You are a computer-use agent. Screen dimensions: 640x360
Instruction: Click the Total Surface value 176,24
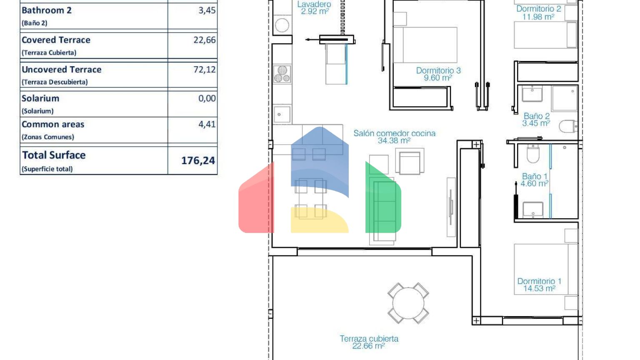pyautogui.click(x=198, y=160)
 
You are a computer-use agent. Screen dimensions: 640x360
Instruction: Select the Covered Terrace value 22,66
pyautogui.click(x=205, y=40)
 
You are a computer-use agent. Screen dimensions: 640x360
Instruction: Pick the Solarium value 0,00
pyautogui.click(x=207, y=98)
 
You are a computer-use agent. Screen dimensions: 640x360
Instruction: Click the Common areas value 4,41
pyautogui.click(x=207, y=124)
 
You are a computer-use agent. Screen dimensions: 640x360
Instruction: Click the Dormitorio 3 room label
pyautogui.click(x=438, y=74)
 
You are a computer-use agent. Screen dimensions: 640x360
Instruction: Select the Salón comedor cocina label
pyautogui.click(x=395, y=137)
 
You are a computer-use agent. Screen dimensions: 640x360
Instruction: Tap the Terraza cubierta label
pyautogui.click(x=369, y=342)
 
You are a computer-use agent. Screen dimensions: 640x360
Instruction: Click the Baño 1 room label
pyautogui.click(x=534, y=180)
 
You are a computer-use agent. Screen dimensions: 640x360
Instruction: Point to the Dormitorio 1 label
pyautogui.click(x=540, y=285)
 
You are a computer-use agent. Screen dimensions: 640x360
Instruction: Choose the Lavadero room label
pyautogui.click(x=314, y=7)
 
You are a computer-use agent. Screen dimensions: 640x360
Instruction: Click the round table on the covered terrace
pyautogui.click(x=408, y=303)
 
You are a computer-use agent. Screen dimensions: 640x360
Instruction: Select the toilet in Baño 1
pyautogui.click(x=533, y=153)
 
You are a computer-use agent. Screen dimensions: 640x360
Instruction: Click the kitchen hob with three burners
pyautogui.click(x=282, y=74)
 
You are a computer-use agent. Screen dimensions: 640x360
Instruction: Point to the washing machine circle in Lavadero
pyautogui.click(x=282, y=25)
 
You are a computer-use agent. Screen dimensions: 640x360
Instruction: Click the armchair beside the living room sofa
pyautogui.click(x=410, y=162)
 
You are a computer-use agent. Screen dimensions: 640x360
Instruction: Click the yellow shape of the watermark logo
pyautogui.click(x=320, y=220)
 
